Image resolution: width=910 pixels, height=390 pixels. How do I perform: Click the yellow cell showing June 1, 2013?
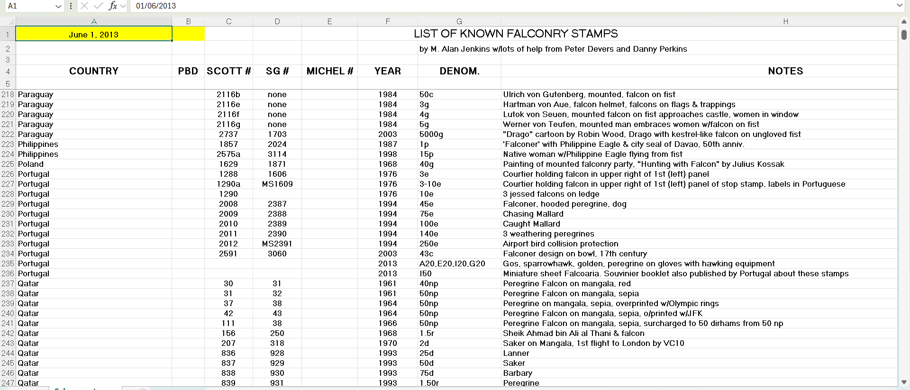coord(94,34)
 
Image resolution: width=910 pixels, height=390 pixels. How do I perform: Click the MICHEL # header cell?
coord(329,71)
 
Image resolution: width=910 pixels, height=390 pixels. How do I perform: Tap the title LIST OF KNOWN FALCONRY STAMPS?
coord(515,34)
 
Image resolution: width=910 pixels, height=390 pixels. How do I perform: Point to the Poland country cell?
coord(31,164)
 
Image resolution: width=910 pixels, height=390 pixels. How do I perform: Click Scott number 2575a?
coord(228,154)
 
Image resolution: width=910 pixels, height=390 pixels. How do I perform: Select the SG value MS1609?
coord(277,184)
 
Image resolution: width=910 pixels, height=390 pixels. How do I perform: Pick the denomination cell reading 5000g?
coord(431,134)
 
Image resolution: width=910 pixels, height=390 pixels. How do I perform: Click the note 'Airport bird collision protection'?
coord(560,244)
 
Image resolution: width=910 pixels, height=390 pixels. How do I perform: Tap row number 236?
coord(8,273)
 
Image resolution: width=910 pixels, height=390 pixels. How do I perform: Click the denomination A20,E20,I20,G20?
coord(452,263)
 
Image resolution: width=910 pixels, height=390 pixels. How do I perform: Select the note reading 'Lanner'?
coord(516,353)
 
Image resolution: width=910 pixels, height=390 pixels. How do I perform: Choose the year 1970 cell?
coord(387,343)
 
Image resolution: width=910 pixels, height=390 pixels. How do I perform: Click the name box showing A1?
coord(28,6)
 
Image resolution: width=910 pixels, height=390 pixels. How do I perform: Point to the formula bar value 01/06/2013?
coord(156,6)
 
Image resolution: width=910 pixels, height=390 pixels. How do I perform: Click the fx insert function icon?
coord(113,6)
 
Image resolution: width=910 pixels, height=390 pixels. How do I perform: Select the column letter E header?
coord(329,21)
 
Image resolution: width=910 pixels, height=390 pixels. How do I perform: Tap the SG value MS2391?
coord(277,244)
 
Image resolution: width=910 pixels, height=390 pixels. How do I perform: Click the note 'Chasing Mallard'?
coord(533,214)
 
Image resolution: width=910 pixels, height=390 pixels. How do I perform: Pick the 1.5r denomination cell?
coord(427,333)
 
